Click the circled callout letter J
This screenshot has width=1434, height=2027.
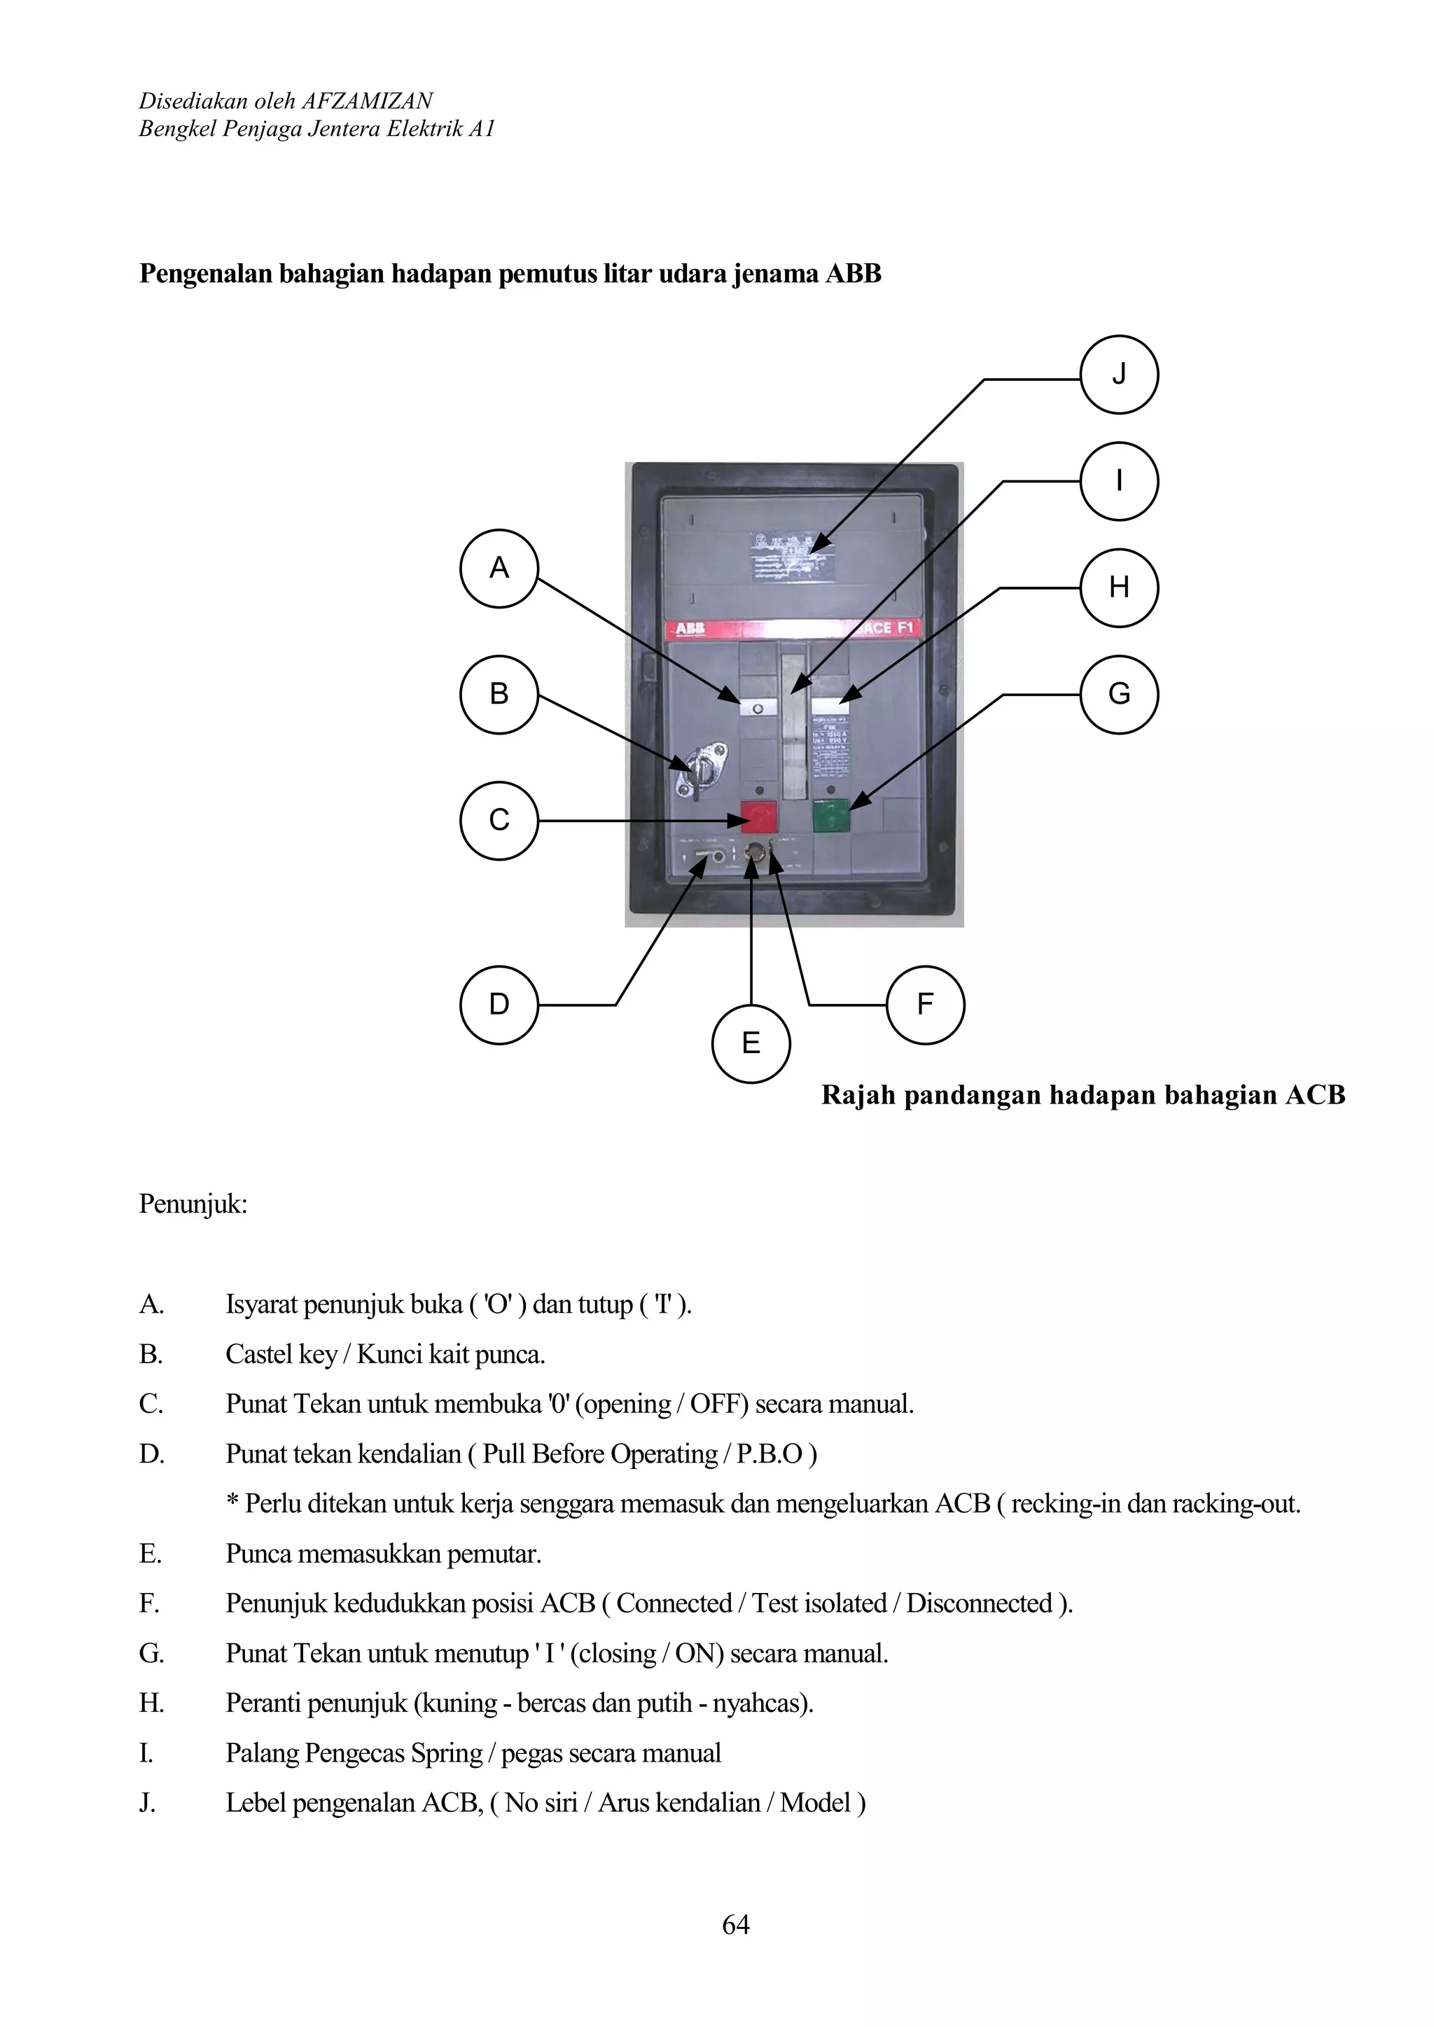coord(1119,375)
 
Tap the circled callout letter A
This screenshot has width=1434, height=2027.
coord(499,568)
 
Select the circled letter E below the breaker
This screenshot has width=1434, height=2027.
coord(751,1043)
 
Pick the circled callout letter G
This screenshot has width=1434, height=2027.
coord(1119,694)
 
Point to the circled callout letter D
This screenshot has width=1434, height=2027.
coord(499,1005)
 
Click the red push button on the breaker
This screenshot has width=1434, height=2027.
coord(758,816)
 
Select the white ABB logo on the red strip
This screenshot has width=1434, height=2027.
coord(690,629)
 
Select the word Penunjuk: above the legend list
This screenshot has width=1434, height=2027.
coord(193,1204)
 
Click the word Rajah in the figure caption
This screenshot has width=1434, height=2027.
coord(858,1096)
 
